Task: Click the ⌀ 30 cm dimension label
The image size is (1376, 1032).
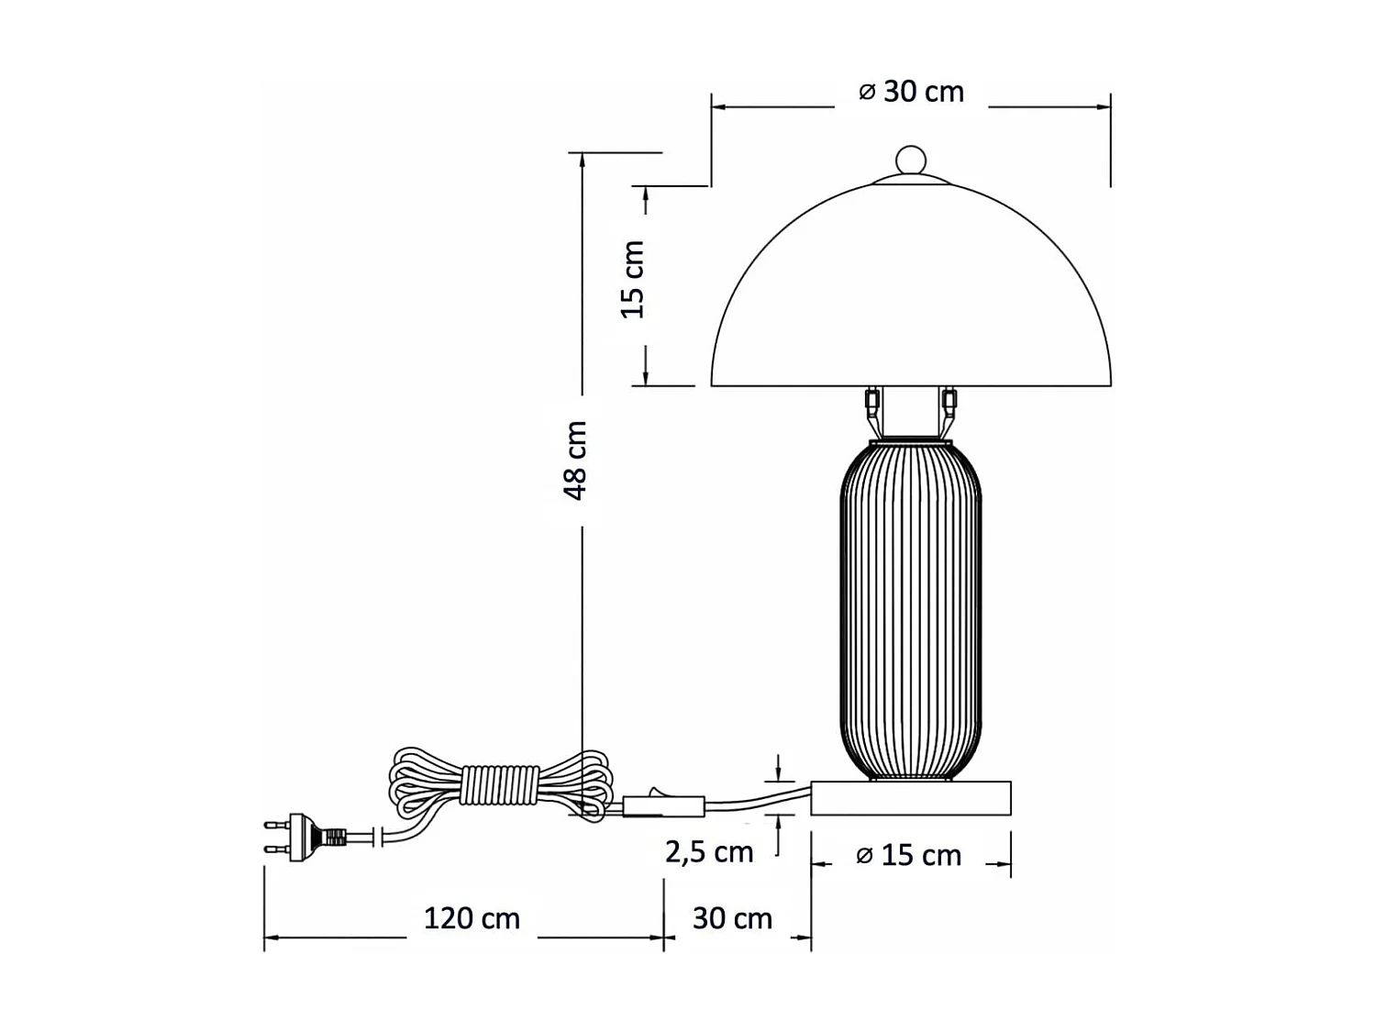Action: point(911,92)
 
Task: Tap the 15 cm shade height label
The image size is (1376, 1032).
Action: point(633,280)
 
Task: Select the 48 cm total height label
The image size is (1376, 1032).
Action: point(575,461)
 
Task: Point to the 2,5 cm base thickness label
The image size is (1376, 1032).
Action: point(709,852)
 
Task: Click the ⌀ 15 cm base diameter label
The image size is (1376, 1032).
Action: point(908,855)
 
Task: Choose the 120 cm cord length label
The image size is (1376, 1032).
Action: point(472,918)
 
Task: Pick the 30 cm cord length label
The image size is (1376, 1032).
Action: point(732,918)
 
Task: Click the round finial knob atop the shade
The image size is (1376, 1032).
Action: point(911,159)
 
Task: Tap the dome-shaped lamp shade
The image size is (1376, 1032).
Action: point(911,294)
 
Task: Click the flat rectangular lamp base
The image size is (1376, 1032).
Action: point(911,798)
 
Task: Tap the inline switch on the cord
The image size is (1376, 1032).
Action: point(662,805)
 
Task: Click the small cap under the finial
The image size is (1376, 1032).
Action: point(911,180)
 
